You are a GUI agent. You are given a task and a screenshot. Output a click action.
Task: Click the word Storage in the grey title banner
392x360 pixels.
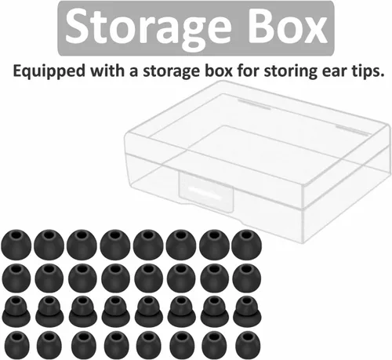(148, 27)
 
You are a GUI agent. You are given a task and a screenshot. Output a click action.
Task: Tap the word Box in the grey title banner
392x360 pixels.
(288, 26)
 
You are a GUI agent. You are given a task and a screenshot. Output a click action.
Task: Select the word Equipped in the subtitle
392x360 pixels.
(49, 71)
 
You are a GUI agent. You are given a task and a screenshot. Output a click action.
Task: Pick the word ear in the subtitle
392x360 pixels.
(334, 72)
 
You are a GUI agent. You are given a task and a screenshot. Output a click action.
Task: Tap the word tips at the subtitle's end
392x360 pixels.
(368, 71)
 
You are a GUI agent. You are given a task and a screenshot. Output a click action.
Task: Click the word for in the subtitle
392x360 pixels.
(248, 71)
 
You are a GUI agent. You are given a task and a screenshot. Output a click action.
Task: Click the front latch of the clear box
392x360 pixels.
(206, 191)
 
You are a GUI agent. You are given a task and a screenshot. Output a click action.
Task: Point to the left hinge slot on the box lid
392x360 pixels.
(254, 104)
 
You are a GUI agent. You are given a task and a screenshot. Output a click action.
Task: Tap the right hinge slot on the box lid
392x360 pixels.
(352, 130)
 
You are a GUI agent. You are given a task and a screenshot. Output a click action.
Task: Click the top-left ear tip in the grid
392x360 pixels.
(16, 245)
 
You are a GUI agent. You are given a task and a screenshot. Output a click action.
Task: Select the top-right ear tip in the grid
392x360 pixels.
(246, 245)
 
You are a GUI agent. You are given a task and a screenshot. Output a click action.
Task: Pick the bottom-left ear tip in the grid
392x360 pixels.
(17, 345)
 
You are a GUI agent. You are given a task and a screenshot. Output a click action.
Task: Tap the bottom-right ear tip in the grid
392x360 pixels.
(248, 345)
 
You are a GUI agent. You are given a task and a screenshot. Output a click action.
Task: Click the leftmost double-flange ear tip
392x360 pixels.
(16, 311)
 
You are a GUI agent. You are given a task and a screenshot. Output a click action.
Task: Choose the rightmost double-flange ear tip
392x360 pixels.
(247, 311)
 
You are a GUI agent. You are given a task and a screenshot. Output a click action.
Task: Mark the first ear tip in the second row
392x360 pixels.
(16, 278)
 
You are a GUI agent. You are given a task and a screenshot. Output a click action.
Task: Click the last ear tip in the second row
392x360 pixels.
(246, 278)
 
